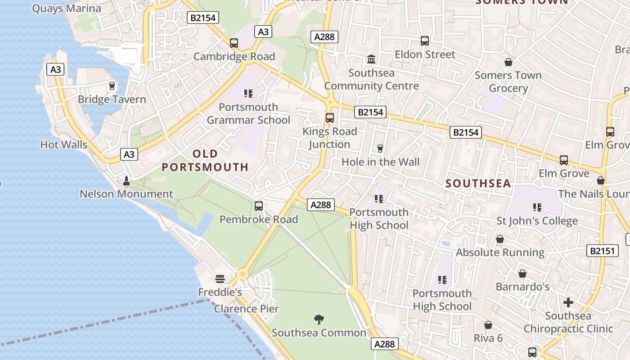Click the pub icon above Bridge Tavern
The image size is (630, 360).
click(112, 85)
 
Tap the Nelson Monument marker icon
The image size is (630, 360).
click(126, 181)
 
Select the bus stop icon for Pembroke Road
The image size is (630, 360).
click(259, 206)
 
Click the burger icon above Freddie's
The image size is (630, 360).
click(220, 279)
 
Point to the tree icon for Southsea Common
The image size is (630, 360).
click(319, 319)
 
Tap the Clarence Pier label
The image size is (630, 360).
click(246, 309)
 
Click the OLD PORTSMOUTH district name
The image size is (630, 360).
click(205, 161)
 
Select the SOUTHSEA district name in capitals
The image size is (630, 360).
click(478, 183)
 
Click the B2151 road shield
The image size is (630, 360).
click(603, 251)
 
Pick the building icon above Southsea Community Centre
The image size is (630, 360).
click(371, 59)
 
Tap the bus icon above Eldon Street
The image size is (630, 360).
click(425, 41)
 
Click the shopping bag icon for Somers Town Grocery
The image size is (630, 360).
click(508, 62)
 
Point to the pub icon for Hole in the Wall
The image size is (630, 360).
click(380, 148)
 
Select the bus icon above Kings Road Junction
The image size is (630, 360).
click(330, 118)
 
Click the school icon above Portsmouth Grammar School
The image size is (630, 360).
click(248, 94)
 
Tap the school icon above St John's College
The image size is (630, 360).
click(537, 207)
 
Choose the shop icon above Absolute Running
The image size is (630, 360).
click(500, 239)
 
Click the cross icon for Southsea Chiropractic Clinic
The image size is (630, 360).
click(568, 302)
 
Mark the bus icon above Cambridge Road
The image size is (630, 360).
click(234, 43)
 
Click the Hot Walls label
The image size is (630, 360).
click(63, 145)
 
